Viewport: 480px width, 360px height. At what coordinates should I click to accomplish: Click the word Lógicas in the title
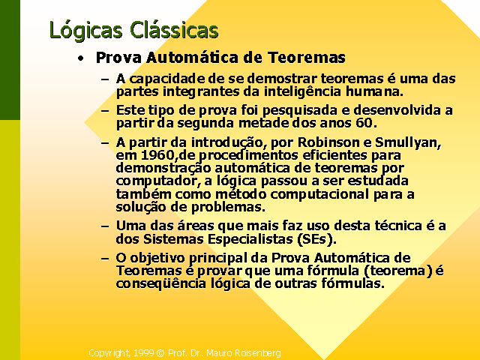[x=86, y=31]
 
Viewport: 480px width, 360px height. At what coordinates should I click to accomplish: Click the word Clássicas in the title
[x=174, y=29]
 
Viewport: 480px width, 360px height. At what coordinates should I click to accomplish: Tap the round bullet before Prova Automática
[x=80, y=58]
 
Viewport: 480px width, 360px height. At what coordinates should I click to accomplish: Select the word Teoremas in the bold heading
[x=307, y=57]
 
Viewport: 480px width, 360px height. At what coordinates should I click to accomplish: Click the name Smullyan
[x=408, y=143]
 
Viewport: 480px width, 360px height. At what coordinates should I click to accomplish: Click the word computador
[x=155, y=181]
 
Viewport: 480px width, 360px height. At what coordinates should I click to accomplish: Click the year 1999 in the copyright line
[x=143, y=353]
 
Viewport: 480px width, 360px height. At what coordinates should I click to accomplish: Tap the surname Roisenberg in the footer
[x=260, y=353]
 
